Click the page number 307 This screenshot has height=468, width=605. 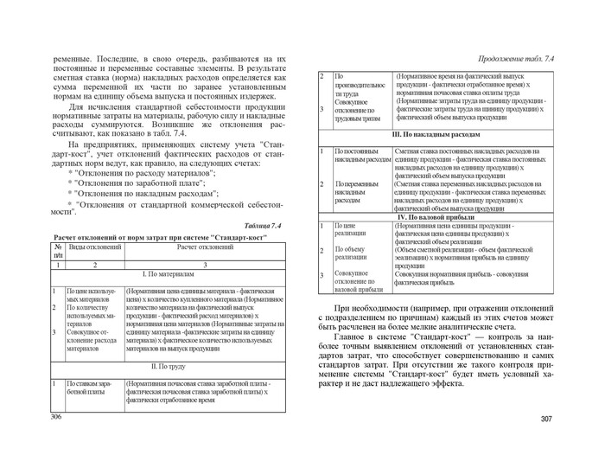pos(545,420)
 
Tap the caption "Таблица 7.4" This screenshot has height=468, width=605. pos(264,227)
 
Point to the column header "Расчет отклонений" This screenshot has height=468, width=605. pos(205,248)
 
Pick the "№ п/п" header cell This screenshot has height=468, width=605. pos(58,252)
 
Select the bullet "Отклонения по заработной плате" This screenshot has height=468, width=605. pos(141,183)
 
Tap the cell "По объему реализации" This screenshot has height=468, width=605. pos(351,253)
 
